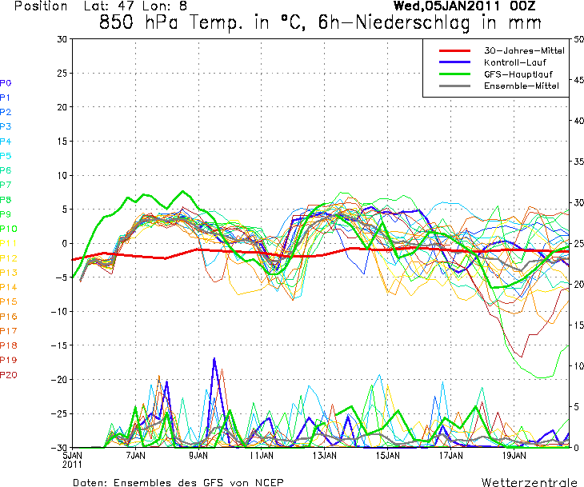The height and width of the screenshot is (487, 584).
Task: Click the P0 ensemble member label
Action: click(x=6, y=83)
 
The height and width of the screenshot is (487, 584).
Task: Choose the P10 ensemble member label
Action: click(x=8, y=229)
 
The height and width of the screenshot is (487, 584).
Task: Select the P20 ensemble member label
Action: click(x=8, y=375)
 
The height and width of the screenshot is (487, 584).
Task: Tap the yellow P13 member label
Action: click(x=8, y=273)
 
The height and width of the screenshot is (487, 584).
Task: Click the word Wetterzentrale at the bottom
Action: click(x=528, y=482)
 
